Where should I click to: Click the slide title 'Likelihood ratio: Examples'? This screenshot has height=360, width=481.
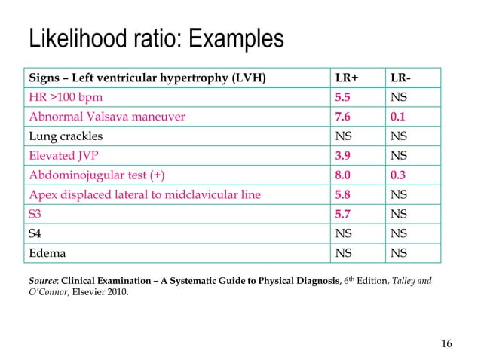click(156, 39)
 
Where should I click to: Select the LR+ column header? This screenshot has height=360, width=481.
click(347, 78)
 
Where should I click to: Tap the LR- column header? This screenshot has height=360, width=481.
click(401, 78)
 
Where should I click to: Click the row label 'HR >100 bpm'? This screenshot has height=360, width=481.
click(66, 98)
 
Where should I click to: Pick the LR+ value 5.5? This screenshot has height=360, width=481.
click(343, 98)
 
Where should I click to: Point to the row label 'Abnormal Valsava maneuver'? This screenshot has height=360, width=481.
click(107, 117)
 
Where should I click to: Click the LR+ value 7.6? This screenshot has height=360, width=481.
click(343, 117)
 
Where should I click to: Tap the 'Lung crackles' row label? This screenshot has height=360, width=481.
click(66, 137)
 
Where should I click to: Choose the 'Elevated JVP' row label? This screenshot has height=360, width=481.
click(63, 156)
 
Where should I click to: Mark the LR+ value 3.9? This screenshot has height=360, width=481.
click(343, 156)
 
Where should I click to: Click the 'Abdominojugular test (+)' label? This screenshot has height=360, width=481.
click(97, 175)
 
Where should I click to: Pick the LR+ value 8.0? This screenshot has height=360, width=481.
click(343, 175)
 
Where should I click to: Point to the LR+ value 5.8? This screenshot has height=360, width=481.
click(343, 195)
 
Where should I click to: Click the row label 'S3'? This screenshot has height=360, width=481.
click(35, 215)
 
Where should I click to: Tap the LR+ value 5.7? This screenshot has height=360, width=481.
click(343, 215)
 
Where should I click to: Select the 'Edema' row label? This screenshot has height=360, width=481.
click(46, 254)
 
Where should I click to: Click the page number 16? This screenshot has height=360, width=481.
click(446, 344)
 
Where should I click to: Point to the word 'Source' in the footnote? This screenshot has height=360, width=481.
click(42, 282)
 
